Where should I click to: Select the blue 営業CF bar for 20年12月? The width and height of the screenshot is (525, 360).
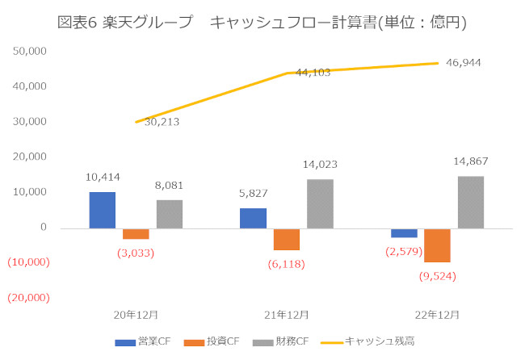tap(102, 210)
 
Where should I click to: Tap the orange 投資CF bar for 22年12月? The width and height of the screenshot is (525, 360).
tap(437, 245)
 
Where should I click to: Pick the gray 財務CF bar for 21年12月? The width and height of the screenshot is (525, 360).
tap(320, 203)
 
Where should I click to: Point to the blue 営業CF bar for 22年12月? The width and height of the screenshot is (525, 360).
tap(404, 232)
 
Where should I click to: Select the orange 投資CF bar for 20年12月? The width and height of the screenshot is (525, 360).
tap(136, 233)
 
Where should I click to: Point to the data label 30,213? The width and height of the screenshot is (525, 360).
tap(162, 122)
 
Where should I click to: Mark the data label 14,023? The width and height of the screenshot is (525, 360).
tap(321, 165)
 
